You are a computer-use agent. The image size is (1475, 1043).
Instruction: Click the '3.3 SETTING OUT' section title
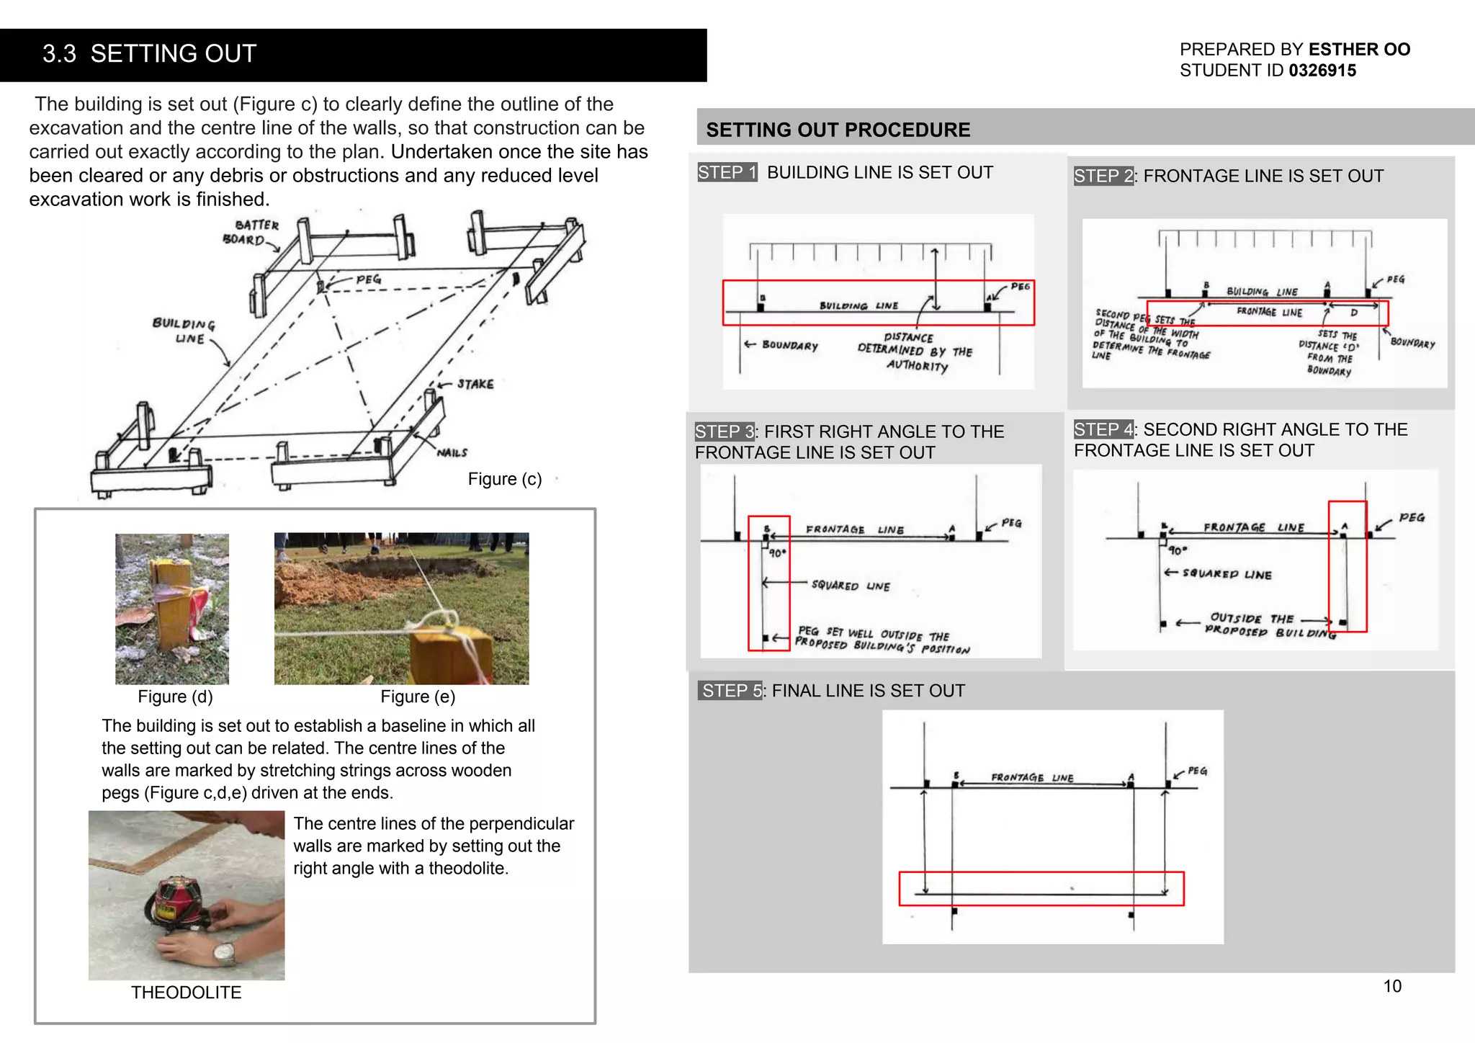[149, 54]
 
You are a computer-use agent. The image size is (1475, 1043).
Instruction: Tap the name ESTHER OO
[1358, 50]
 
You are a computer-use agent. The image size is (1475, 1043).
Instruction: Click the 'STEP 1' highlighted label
[727, 172]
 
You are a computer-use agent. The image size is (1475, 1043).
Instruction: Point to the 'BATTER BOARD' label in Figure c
[251, 233]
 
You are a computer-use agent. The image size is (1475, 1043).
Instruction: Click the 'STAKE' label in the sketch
[475, 384]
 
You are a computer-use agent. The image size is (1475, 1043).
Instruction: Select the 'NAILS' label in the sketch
[452, 452]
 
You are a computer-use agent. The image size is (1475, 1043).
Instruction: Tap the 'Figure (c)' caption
[504, 479]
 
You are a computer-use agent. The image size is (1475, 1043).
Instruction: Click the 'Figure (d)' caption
[175, 697]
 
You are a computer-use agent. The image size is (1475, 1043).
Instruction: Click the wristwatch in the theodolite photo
[225, 954]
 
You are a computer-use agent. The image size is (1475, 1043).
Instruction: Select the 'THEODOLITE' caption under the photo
[186, 993]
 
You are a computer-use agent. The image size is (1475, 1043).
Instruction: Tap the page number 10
[1391, 986]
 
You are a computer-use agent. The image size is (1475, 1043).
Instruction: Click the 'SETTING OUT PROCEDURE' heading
[838, 130]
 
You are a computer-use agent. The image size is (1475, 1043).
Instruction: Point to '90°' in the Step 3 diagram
[777, 553]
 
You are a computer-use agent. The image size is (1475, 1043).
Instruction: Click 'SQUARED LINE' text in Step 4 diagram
[1227, 574]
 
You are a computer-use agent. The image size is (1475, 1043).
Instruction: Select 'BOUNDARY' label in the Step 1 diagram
[789, 346]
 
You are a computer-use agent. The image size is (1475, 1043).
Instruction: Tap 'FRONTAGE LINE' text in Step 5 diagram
[1031, 778]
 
